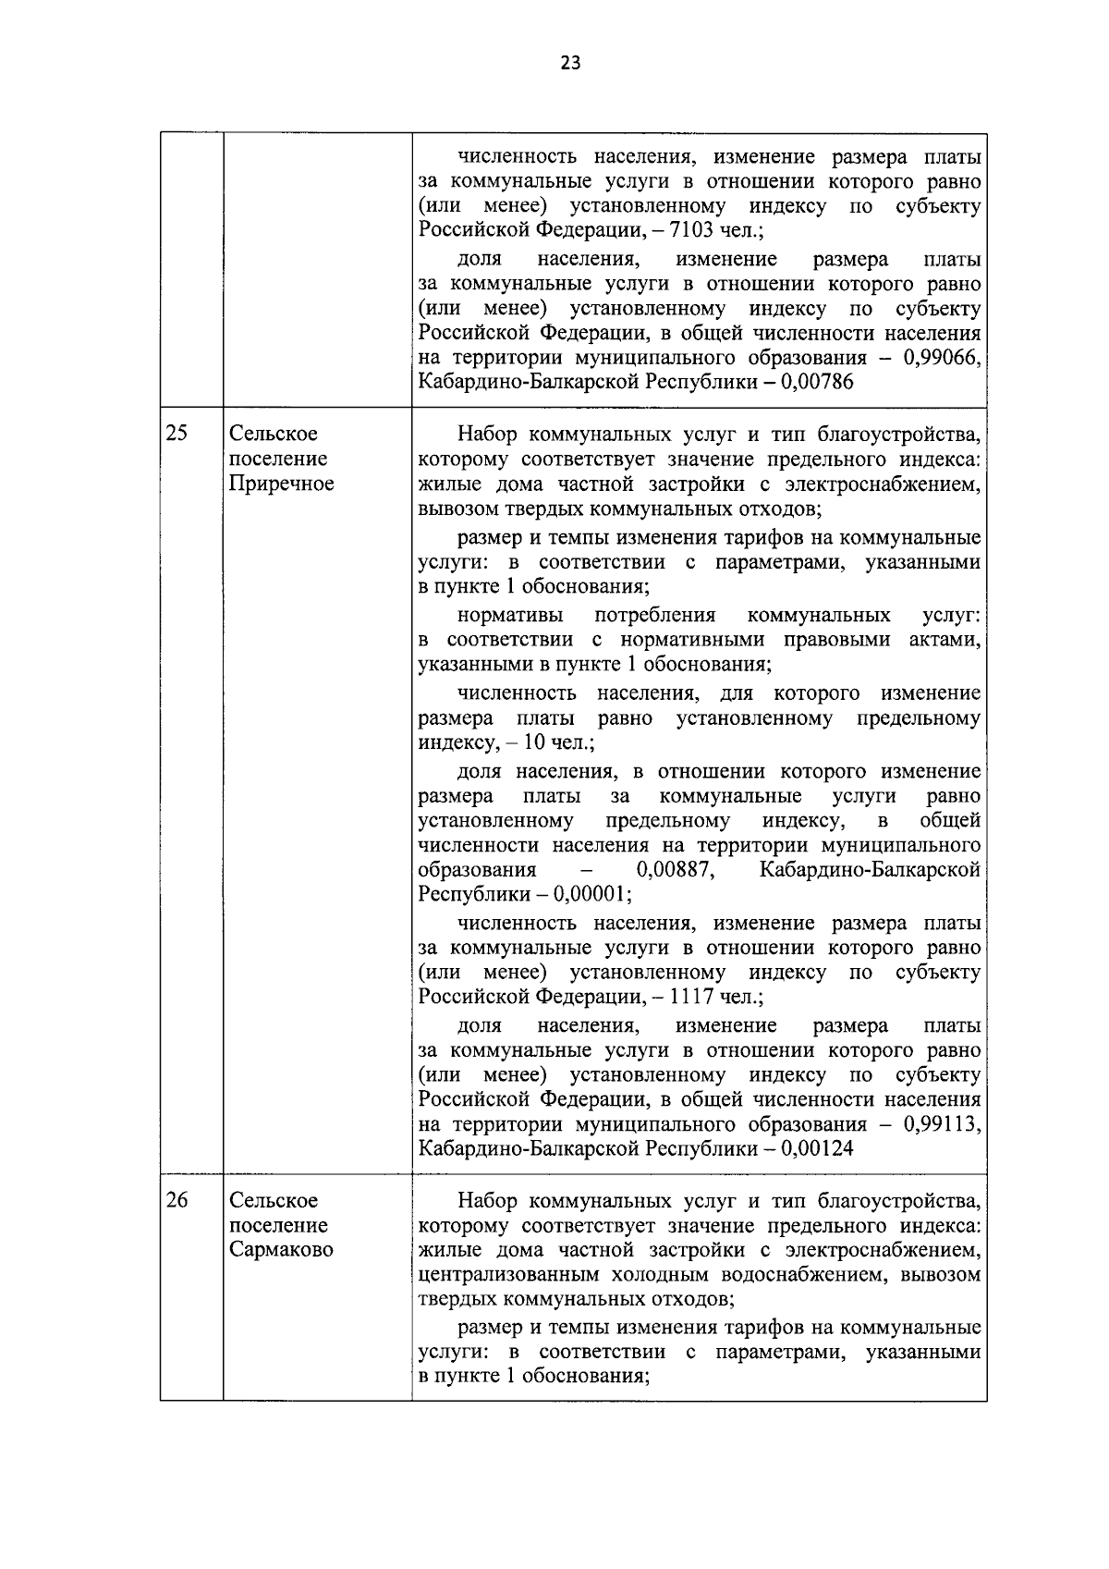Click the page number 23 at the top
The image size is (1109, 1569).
click(569, 64)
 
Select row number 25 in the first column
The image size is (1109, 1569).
click(177, 434)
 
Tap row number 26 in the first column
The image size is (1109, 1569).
click(177, 1200)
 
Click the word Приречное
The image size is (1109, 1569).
click(281, 484)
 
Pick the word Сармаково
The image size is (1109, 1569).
click(281, 1250)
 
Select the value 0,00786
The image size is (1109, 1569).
click(817, 383)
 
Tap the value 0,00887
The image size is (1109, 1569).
click(676, 870)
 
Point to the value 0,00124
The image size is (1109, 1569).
click(817, 1149)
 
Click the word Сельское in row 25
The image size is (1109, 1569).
click(274, 434)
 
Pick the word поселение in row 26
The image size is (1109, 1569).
click(278, 1225)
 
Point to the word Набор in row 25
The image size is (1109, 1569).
click(487, 434)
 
